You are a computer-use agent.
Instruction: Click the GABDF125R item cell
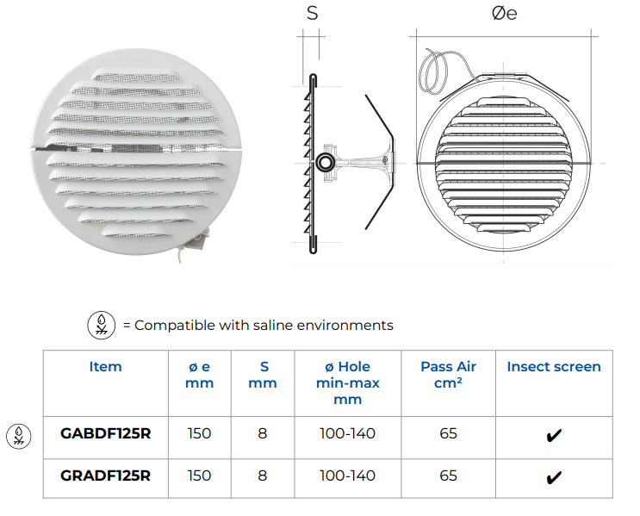105,433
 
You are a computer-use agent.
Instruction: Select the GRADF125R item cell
105,476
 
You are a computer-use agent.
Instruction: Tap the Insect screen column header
554,367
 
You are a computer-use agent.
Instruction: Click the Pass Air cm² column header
448,375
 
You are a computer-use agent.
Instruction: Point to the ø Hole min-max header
347,382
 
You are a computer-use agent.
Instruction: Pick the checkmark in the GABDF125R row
554,435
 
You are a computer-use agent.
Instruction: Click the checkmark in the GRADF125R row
554,476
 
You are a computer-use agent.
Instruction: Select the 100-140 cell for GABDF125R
347,433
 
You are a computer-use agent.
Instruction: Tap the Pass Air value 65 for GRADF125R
448,476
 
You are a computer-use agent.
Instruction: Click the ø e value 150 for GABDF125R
199,433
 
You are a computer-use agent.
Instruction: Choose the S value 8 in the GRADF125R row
262,476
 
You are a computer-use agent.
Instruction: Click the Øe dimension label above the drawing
504,14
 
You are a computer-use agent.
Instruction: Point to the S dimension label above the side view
311,13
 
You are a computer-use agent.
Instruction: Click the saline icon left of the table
17,434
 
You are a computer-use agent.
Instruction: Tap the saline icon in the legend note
103,325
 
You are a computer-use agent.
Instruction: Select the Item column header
105,367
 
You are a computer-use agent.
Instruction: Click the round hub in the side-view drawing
326,163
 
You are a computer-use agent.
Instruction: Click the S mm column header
262,375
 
